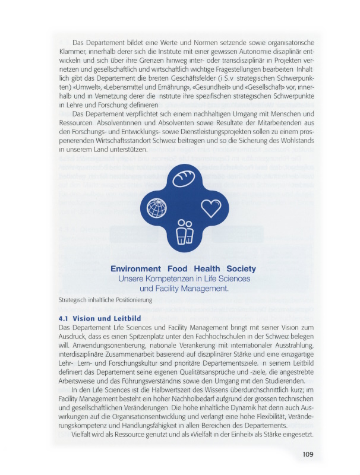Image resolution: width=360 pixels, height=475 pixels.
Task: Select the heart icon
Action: click(210, 207)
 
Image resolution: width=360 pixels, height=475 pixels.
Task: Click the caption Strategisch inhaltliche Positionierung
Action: click(106, 300)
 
